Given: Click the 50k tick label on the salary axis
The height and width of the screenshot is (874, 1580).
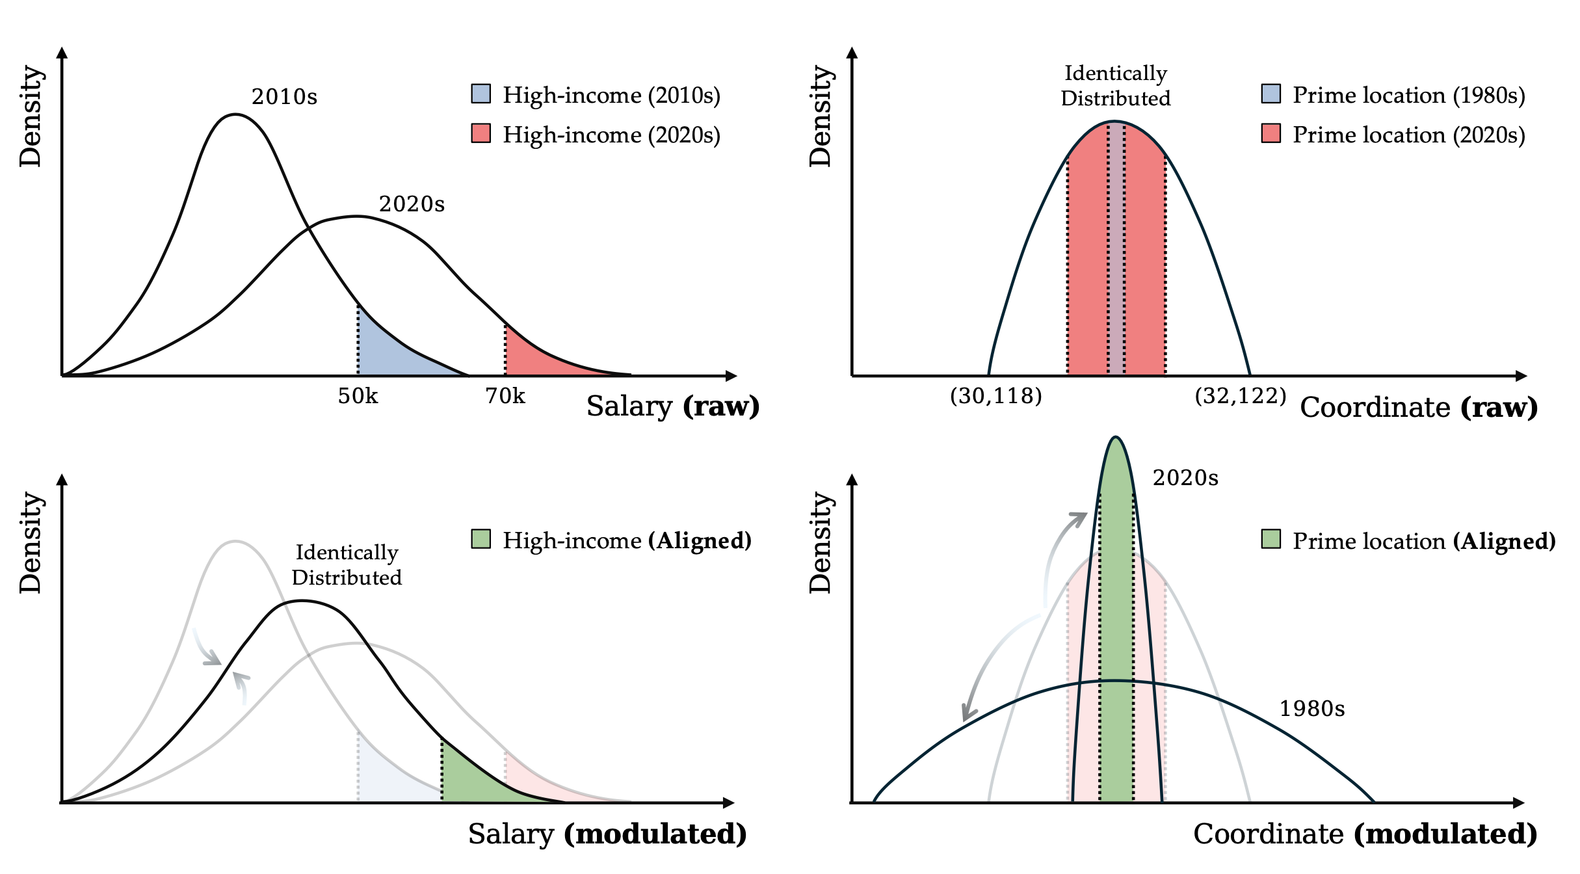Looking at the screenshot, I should pos(358,396).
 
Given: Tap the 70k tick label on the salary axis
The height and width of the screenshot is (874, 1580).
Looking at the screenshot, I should pos(505,396).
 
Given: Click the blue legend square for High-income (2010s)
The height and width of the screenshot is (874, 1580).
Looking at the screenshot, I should pos(481,94).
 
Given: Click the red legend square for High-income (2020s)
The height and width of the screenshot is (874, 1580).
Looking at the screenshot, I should pos(481,133).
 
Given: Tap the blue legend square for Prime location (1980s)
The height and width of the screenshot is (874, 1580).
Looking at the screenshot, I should pos(1271,94).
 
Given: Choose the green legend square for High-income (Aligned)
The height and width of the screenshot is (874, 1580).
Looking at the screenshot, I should pos(481,539).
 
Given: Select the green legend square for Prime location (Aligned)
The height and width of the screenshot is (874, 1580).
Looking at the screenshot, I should pos(1271,539).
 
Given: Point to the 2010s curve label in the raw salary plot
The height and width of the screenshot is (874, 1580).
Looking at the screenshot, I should pos(284,97).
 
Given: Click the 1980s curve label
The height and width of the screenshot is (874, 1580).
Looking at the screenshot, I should pos(1312,709).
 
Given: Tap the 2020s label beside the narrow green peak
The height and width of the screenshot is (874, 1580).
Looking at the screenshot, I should pos(1185,478).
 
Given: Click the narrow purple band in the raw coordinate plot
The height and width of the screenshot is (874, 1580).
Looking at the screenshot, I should pos(1116,260).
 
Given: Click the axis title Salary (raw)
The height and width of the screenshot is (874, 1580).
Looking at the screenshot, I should pos(673,406).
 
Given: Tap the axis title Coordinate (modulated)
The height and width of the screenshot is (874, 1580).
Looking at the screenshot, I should pos(1365,834).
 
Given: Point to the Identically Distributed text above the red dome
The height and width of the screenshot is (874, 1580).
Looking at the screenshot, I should pos(1116,86).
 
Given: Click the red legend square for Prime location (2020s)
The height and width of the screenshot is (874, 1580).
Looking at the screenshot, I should pos(1271,133).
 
